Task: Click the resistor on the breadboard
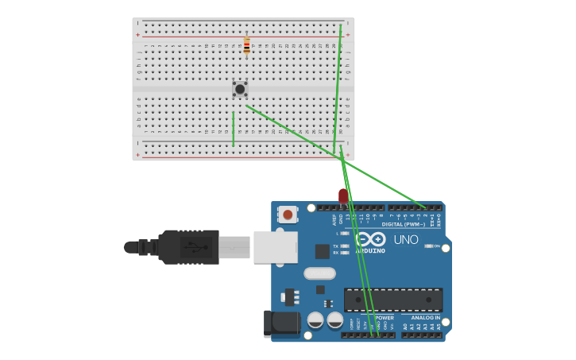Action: (246, 46)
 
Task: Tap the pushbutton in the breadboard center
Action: (240, 89)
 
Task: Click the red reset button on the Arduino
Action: (288, 214)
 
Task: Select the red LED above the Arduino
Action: (343, 195)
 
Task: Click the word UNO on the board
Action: (405, 239)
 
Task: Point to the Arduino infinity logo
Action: (370, 239)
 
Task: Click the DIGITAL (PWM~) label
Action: (403, 224)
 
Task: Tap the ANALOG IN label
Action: (425, 317)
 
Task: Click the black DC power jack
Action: (281, 322)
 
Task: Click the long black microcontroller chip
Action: (393, 300)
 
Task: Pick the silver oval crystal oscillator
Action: (319, 273)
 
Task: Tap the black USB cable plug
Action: (187, 247)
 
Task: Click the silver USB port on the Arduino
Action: (275, 247)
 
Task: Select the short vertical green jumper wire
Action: (233, 129)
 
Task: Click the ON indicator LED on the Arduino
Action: (428, 246)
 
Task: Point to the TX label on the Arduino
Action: (336, 246)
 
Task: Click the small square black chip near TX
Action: (322, 251)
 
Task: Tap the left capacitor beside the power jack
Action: (315, 320)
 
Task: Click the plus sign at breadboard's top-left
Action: (137, 35)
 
